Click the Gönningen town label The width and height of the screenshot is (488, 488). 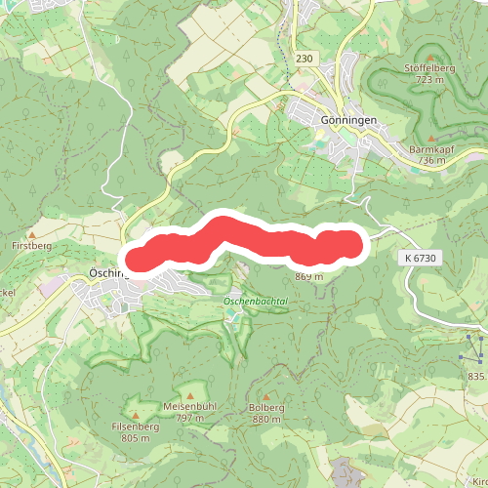point(348,120)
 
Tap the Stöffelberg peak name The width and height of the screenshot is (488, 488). point(430,68)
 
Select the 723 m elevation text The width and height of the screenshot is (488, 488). point(430,79)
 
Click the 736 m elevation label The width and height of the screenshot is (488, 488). point(430,161)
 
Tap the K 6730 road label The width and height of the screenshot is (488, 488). point(421,257)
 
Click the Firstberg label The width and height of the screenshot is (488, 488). point(31,248)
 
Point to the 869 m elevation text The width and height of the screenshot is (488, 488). point(308,276)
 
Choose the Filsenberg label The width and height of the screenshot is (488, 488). point(136,427)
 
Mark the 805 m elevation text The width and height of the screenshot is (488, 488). point(136,438)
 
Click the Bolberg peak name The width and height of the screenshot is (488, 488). point(265,407)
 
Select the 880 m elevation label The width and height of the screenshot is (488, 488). point(265,419)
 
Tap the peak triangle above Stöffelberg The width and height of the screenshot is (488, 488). point(430,57)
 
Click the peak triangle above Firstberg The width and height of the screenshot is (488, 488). point(31,235)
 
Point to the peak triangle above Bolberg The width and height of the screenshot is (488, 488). point(265,395)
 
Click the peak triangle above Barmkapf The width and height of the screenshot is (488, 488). point(430,139)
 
